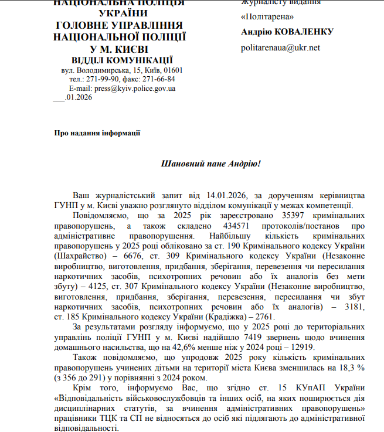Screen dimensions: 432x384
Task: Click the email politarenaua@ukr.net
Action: [280, 48]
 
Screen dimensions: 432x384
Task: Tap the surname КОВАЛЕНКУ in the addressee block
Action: [304, 32]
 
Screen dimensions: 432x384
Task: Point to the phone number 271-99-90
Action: [103, 79]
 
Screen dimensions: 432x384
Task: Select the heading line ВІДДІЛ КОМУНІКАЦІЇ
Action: [122, 60]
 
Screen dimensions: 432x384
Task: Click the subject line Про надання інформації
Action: [97, 133]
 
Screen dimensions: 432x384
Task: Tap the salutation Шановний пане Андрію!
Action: [210, 163]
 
